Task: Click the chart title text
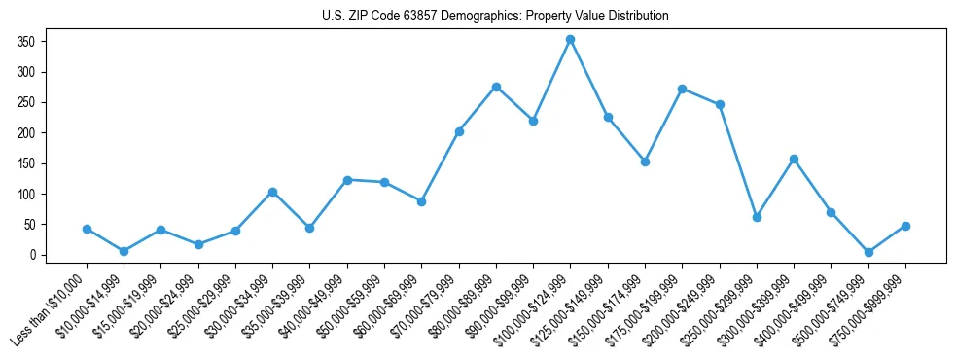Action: (x=495, y=17)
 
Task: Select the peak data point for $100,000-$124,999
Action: (x=571, y=40)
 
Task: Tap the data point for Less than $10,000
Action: (x=87, y=229)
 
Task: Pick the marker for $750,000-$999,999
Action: (x=905, y=226)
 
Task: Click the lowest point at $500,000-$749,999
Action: (x=868, y=252)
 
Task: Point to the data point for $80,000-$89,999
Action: (x=496, y=87)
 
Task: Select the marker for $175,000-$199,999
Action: (x=683, y=89)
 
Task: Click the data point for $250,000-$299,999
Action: (x=757, y=217)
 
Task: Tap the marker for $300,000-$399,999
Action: (x=794, y=159)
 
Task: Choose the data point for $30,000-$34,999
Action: (x=272, y=192)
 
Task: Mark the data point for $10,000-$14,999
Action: (x=124, y=251)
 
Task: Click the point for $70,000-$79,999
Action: (x=459, y=131)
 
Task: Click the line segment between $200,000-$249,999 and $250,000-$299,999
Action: (x=738, y=161)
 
